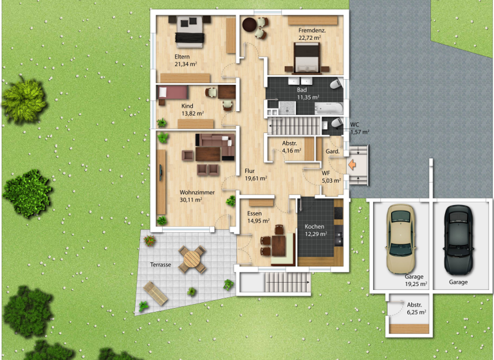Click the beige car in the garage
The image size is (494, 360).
coord(399,240)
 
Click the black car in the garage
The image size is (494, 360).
coord(458,240)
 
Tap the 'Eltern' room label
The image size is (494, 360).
coord(182,57)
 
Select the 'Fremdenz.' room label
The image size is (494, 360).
coord(311,31)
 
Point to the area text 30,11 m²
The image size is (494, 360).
coord(191,200)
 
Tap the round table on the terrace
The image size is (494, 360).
coord(192,260)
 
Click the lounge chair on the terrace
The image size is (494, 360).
coord(156,292)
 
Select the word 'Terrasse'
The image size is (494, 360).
coord(161,264)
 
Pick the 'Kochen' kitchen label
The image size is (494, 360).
coord(315,226)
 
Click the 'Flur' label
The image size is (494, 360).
coord(250,171)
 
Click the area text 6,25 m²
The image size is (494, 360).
coord(416,312)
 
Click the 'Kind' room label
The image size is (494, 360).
coord(187,105)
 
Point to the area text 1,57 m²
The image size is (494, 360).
coord(360,132)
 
